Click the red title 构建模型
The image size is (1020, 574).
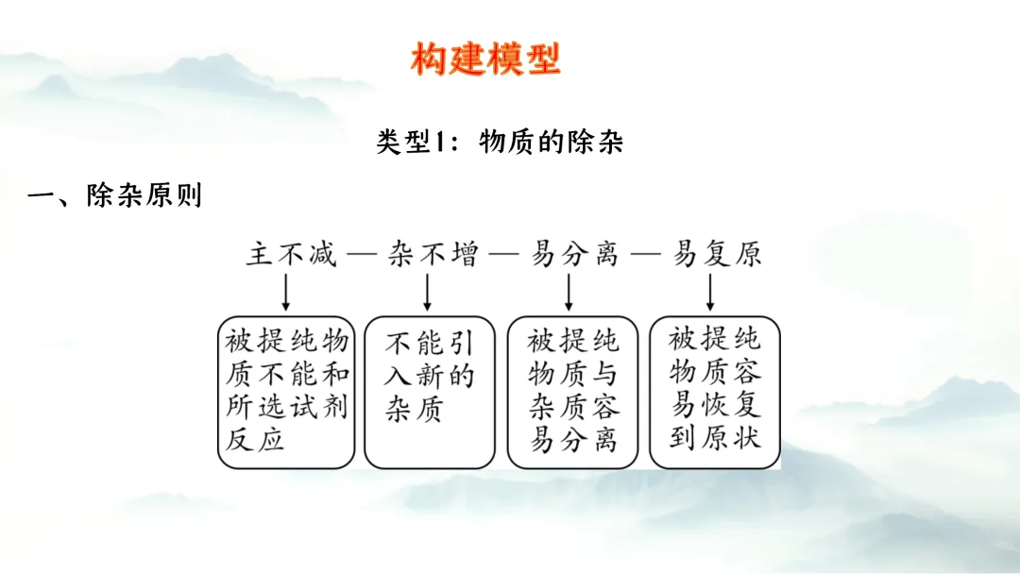485,59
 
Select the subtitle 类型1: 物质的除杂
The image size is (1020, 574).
500,143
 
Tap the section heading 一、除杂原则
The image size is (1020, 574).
114,196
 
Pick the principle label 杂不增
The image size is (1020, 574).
433,254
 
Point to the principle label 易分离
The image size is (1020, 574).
574,254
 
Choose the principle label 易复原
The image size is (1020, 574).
717,254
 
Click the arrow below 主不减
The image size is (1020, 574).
286,293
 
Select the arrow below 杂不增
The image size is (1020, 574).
428,293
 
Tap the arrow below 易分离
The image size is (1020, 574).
569,293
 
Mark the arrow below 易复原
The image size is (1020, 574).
710,293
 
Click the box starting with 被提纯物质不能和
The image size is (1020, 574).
286,391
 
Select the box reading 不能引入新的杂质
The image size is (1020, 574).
429,391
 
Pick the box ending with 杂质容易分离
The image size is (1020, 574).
573,391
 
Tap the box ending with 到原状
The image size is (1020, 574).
714,391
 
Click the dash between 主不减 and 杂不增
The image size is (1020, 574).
361,255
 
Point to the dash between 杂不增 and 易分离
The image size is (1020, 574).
503,255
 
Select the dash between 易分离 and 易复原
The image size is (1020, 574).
646,255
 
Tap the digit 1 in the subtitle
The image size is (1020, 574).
447,143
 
